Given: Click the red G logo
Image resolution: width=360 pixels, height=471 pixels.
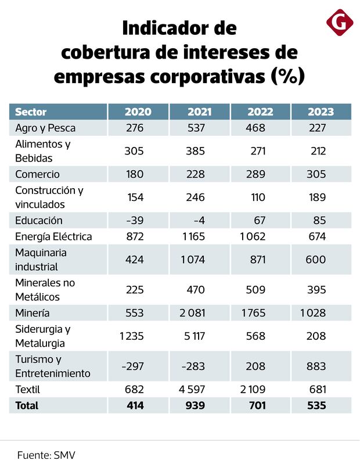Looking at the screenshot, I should pyautogui.click(x=340, y=23).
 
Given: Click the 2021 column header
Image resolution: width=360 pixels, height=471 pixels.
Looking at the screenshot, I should pyautogui.click(x=199, y=112).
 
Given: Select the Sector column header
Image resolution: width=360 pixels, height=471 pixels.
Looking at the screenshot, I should pyautogui.click(x=31, y=112).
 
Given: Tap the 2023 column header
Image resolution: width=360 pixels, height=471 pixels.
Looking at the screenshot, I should pyautogui.click(x=320, y=112).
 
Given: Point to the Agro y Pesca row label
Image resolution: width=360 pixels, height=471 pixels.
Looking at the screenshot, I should pyautogui.click(x=45, y=128).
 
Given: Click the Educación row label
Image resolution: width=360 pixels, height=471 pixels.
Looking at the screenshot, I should pyautogui.click(x=38, y=221).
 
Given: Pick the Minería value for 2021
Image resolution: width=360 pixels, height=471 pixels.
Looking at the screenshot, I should pyautogui.click(x=192, y=314).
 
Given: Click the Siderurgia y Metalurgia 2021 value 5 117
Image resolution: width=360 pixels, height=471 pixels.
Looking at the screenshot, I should pyautogui.click(x=193, y=336).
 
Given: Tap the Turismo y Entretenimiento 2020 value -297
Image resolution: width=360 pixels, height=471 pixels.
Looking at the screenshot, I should pyautogui.click(x=133, y=366).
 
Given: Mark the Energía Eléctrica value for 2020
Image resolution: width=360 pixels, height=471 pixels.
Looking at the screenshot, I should pyautogui.click(x=134, y=237).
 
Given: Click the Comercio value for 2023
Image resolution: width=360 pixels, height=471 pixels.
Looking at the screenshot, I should pyautogui.click(x=316, y=174).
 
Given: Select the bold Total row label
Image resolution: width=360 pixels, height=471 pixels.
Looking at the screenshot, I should pyautogui.click(x=27, y=405).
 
